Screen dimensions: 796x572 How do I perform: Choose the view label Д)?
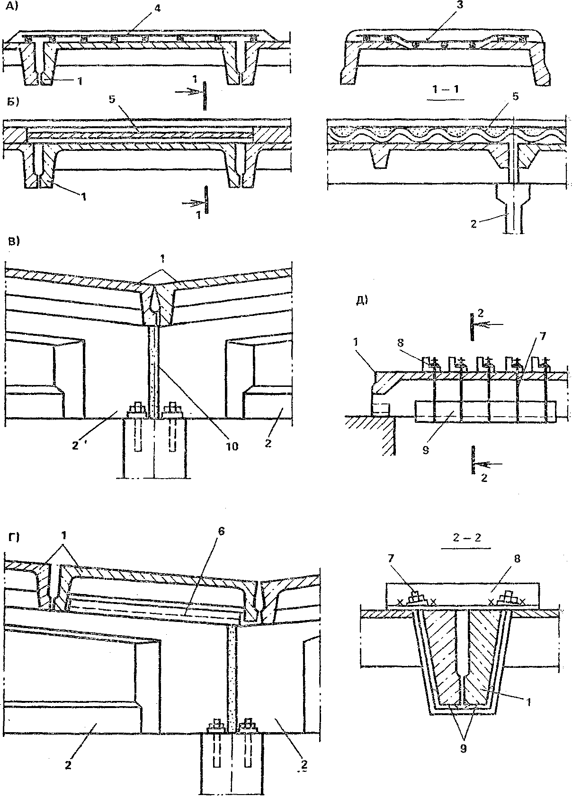(362, 300)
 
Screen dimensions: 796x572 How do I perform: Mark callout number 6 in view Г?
(222, 531)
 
